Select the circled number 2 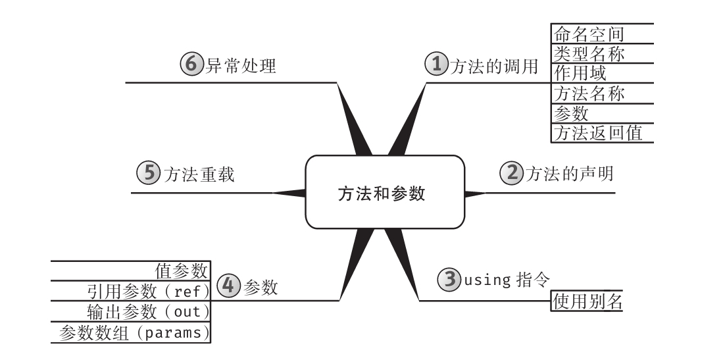511,174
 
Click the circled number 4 227,287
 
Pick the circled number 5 147,174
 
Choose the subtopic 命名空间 589,33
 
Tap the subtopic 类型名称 589,53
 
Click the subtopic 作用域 580,72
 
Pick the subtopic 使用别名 587,301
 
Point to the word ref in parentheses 187,290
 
